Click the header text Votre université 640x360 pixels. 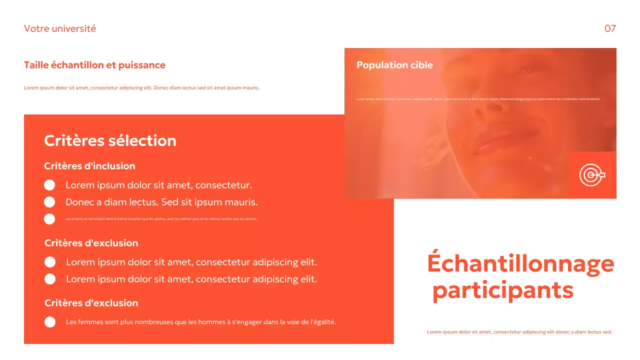point(60,28)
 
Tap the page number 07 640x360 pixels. point(610,28)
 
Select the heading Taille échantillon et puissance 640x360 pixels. point(94,65)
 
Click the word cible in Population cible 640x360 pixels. point(421,65)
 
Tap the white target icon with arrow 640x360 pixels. point(592,175)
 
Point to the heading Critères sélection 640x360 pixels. point(110,140)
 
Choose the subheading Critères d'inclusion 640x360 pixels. point(89,166)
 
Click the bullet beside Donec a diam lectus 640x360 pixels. point(49,202)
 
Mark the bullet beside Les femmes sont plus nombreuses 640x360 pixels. point(50,322)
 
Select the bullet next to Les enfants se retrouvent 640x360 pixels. point(49,219)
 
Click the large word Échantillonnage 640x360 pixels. point(520,264)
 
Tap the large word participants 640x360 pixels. point(503,290)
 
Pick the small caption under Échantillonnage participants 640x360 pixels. point(519,332)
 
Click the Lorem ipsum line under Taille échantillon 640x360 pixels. point(141,88)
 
